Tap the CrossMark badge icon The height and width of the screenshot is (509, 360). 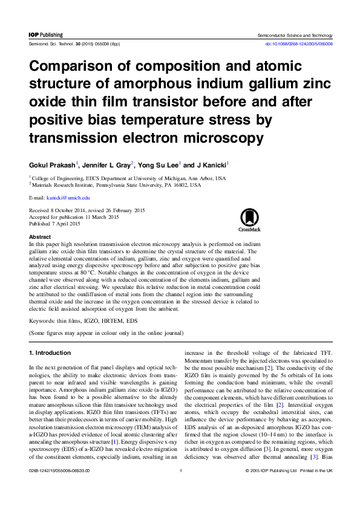[248, 221]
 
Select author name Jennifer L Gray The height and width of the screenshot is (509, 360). [105, 165]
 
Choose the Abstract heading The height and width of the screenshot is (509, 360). [40, 237]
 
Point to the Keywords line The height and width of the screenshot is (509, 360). [81, 321]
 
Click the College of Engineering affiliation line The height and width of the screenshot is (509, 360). [128, 179]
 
